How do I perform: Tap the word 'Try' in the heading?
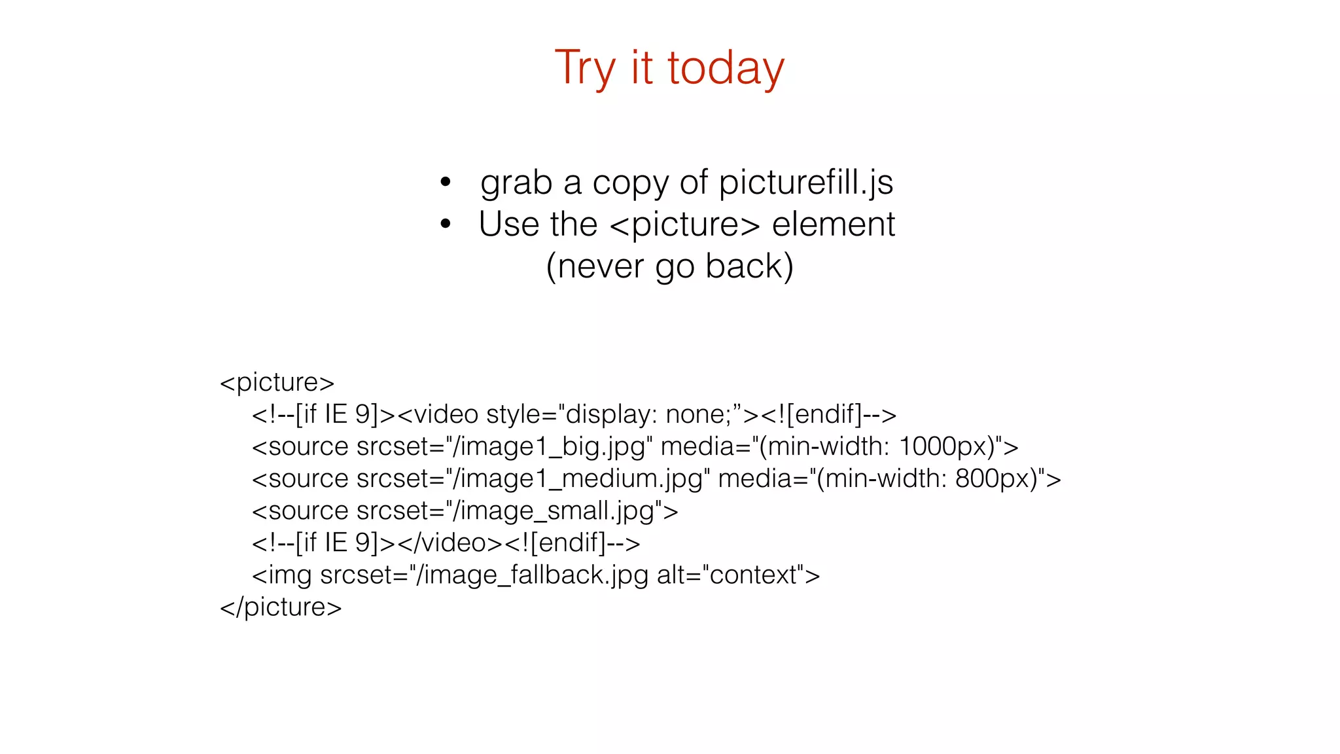585,68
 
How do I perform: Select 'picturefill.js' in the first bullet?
805,183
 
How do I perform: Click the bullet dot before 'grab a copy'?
446,182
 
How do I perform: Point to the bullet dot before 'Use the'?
446,224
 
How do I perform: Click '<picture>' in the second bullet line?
684,224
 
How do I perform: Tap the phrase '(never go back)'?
669,266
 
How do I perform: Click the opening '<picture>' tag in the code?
277,382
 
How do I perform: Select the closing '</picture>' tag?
281,607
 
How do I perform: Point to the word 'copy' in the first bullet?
630,183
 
